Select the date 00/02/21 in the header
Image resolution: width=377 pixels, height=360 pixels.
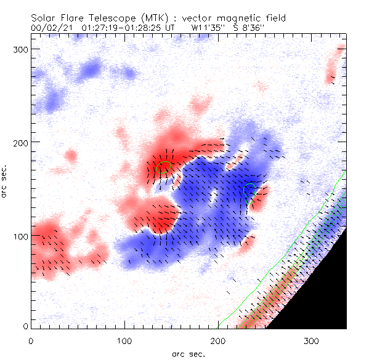[x=49, y=28]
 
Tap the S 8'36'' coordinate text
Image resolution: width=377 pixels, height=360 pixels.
[x=248, y=28]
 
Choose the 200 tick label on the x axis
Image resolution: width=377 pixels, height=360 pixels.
[x=218, y=340]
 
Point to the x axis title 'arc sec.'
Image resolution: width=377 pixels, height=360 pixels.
[x=188, y=353]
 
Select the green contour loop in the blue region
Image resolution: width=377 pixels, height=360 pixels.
[x=249, y=188]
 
